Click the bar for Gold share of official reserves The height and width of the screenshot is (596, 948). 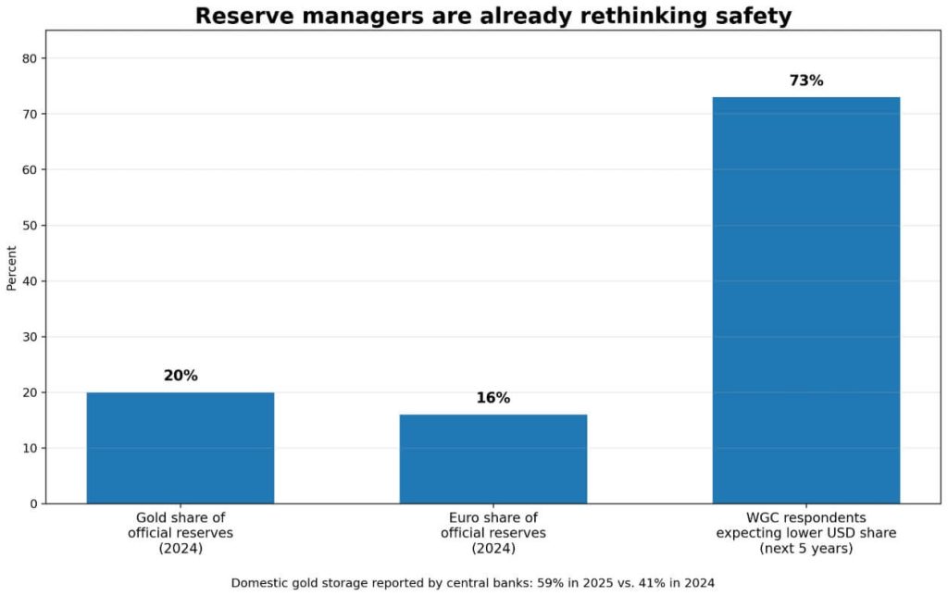pos(181,448)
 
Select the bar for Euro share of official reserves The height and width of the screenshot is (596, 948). pos(493,459)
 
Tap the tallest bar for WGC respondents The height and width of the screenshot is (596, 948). pos(805,300)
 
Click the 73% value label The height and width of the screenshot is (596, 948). pos(805,81)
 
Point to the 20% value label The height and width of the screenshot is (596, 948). pos(181,376)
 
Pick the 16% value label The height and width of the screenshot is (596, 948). pos(493,398)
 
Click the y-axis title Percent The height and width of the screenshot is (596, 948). pos(12,267)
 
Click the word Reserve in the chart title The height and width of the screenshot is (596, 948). pos(236,16)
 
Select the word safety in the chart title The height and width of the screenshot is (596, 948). pos(749,16)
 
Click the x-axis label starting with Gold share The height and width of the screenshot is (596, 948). pos(181,533)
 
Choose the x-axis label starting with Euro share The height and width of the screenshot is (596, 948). pos(493,533)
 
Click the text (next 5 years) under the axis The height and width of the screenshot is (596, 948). pos(805,549)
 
